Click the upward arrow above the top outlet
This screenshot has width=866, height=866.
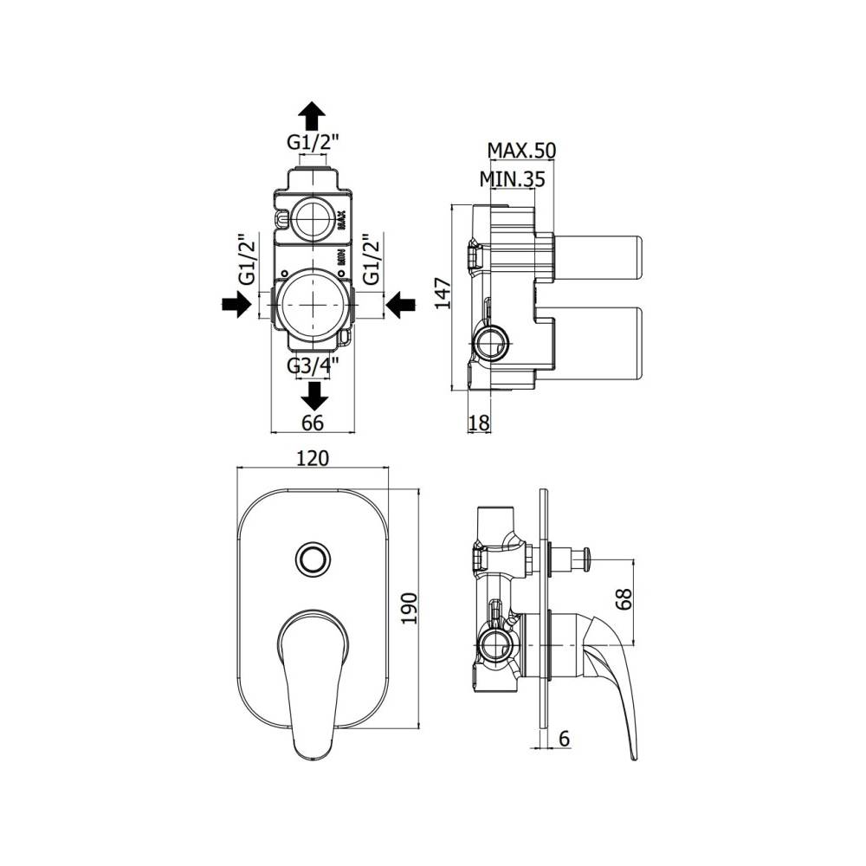tap(313, 114)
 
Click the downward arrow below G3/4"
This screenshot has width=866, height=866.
tap(314, 395)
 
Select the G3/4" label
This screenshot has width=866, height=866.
tap(313, 365)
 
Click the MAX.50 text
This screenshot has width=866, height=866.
tap(520, 151)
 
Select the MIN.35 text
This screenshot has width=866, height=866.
tap(512, 180)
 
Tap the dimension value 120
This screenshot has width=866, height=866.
tap(313, 458)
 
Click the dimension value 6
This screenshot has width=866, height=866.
tap(565, 739)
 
